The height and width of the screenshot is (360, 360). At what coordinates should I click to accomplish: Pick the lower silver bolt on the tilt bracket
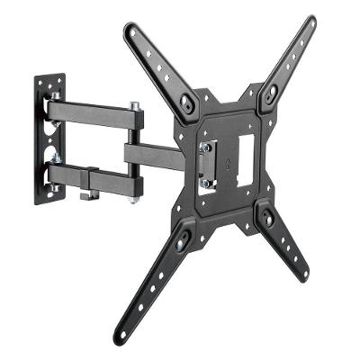(205, 184)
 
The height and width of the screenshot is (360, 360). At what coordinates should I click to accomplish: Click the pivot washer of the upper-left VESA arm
(186, 103)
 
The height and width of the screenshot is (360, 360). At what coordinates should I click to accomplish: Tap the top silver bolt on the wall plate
(55, 95)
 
